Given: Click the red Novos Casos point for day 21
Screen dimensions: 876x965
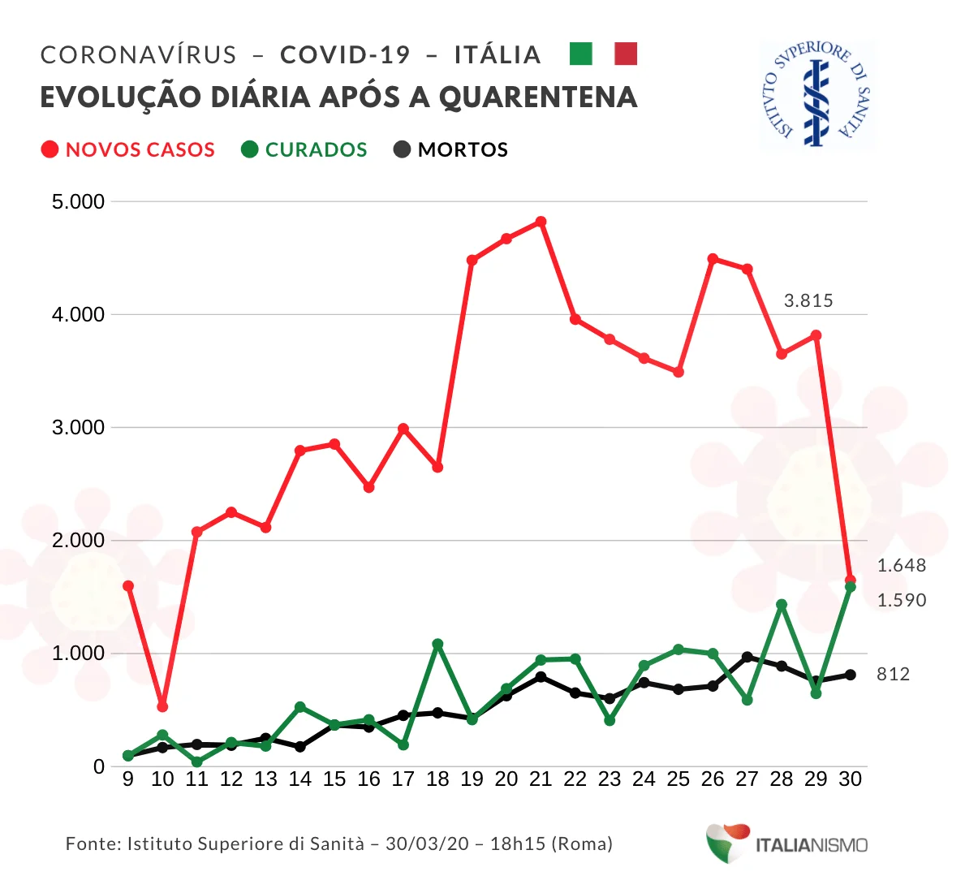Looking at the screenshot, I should click(541, 222).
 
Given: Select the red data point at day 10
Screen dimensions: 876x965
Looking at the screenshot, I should click(162, 706).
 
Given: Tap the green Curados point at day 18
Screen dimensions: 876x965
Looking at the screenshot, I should click(437, 644).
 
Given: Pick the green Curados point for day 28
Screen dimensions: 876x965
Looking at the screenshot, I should click(782, 605).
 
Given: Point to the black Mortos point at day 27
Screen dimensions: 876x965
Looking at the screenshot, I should click(747, 657).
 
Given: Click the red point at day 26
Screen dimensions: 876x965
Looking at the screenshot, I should click(713, 259).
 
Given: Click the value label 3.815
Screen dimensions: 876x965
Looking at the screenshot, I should click(808, 301).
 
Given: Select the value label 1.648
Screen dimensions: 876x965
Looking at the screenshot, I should click(902, 566).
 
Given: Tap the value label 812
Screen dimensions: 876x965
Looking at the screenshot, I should click(893, 675).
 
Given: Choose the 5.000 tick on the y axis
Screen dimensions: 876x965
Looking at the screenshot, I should click(79, 202).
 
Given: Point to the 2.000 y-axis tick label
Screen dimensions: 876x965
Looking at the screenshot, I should click(79, 541).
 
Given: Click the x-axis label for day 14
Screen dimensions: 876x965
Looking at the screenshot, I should click(300, 779).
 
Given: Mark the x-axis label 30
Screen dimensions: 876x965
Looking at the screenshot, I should click(850, 779).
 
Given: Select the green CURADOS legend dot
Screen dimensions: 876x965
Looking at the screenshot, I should click(250, 149).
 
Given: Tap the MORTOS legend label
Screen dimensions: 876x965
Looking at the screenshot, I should click(463, 150).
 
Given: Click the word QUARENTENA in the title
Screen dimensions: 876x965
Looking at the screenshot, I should click(538, 97).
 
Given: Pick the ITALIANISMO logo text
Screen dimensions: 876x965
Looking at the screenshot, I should click(812, 845).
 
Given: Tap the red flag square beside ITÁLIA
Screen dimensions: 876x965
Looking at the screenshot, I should click(626, 54).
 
